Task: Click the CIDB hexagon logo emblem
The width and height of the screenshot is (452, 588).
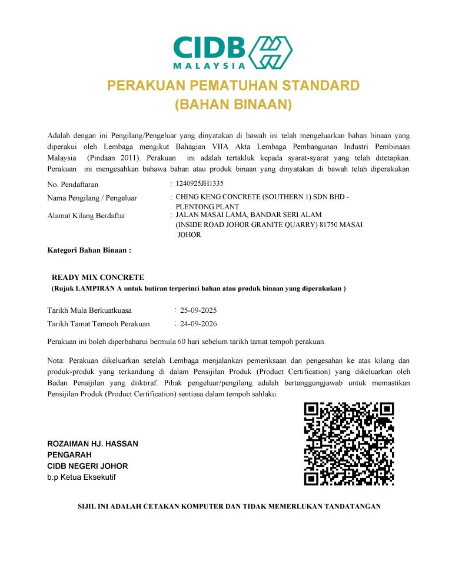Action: pyautogui.click(x=272, y=51)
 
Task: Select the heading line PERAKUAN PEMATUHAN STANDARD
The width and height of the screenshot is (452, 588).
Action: pyautogui.click(x=233, y=86)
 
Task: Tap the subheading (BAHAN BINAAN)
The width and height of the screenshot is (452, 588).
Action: pyautogui.click(x=234, y=105)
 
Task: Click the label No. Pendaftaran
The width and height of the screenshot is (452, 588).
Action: pyautogui.click(x=72, y=185)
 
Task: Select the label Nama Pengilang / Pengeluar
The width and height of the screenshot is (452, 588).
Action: pyautogui.click(x=92, y=198)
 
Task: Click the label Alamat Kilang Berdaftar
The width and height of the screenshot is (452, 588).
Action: pyautogui.click(x=86, y=216)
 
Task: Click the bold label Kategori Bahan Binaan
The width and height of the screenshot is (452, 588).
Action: pyautogui.click(x=88, y=250)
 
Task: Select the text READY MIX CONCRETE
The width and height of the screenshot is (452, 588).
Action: pyautogui.click(x=98, y=277)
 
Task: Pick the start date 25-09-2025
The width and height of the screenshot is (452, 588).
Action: pyautogui.click(x=198, y=310)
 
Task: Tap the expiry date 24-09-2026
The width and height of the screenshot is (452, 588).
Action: pyautogui.click(x=198, y=324)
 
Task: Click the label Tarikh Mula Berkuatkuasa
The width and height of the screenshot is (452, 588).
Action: pyautogui.click(x=89, y=310)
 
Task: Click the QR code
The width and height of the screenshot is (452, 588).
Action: pyautogui.click(x=348, y=443)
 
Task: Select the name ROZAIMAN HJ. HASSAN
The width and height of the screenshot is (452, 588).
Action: pyautogui.click(x=92, y=444)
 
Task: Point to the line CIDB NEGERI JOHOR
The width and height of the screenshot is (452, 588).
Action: pyautogui.click(x=87, y=466)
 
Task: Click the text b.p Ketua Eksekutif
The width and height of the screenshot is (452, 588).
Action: pyautogui.click(x=81, y=477)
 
